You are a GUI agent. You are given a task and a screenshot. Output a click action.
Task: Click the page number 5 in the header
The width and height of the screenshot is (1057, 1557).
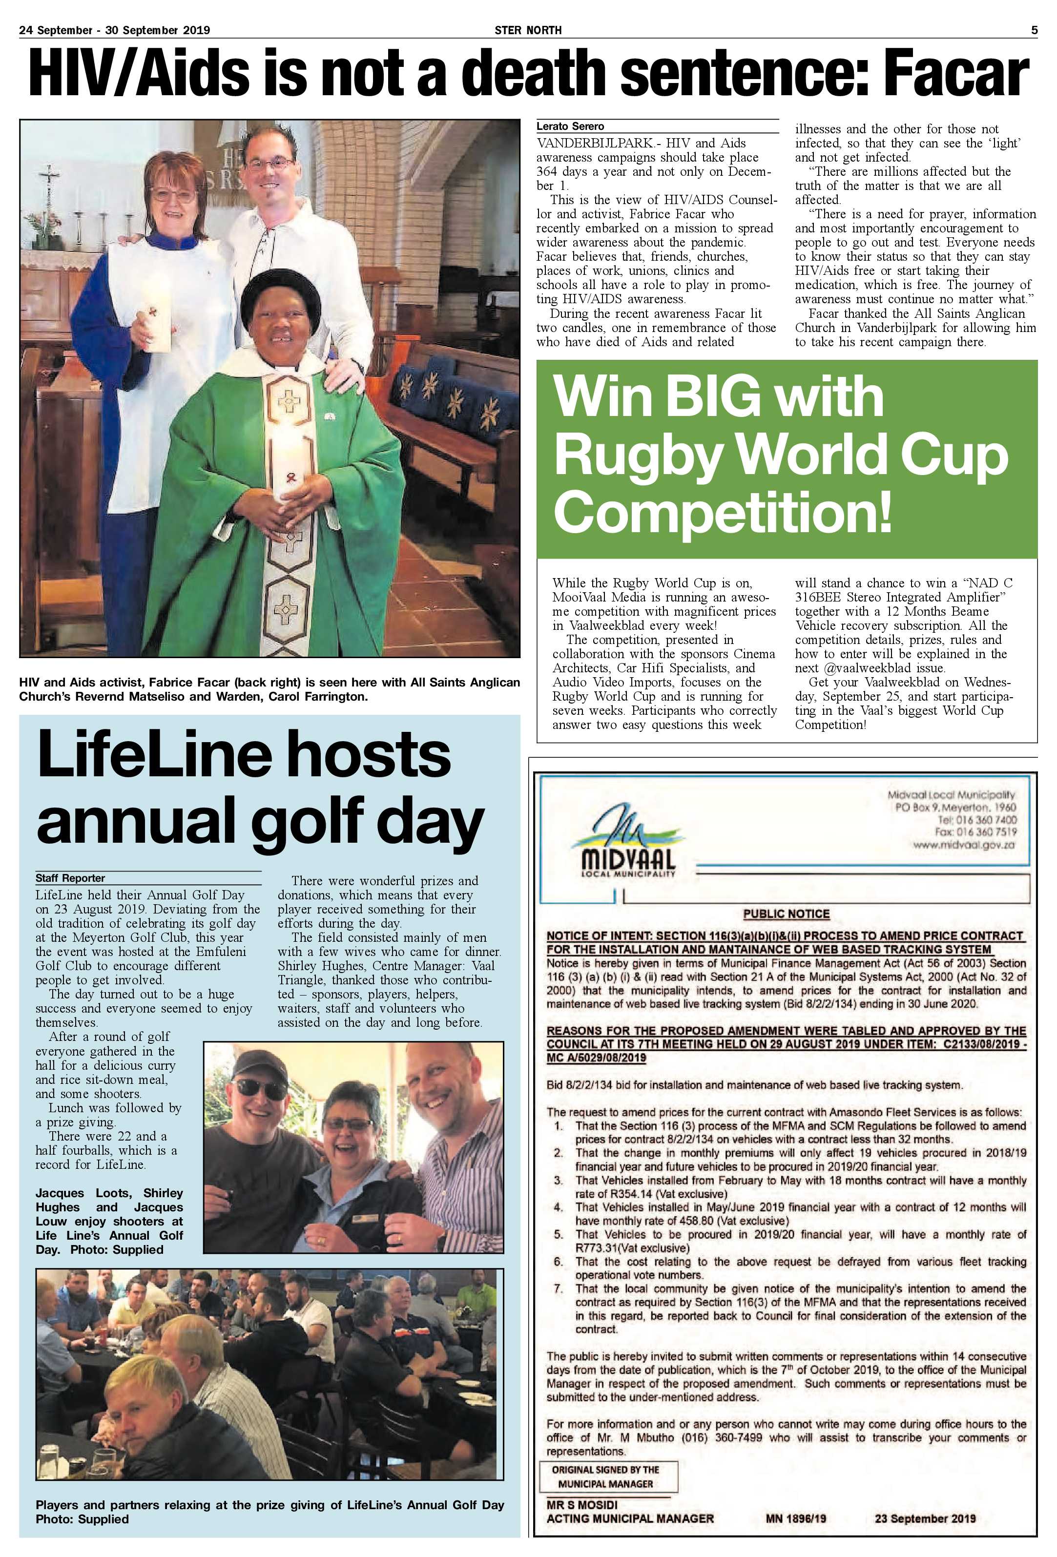[x=1034, y=30]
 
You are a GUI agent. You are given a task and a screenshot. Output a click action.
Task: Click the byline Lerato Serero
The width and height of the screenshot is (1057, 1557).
[x=570, y=126]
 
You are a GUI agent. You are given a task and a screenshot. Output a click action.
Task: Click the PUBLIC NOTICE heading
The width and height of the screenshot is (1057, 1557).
[x=787, y=914]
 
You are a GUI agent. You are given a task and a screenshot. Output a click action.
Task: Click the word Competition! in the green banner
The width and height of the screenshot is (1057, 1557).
[x=722, y=511]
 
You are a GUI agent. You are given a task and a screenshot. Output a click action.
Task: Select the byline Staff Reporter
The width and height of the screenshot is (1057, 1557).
[x=70, y=878]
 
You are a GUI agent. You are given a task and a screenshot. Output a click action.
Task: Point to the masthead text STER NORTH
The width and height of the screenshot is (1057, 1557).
[x=528, y=30]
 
